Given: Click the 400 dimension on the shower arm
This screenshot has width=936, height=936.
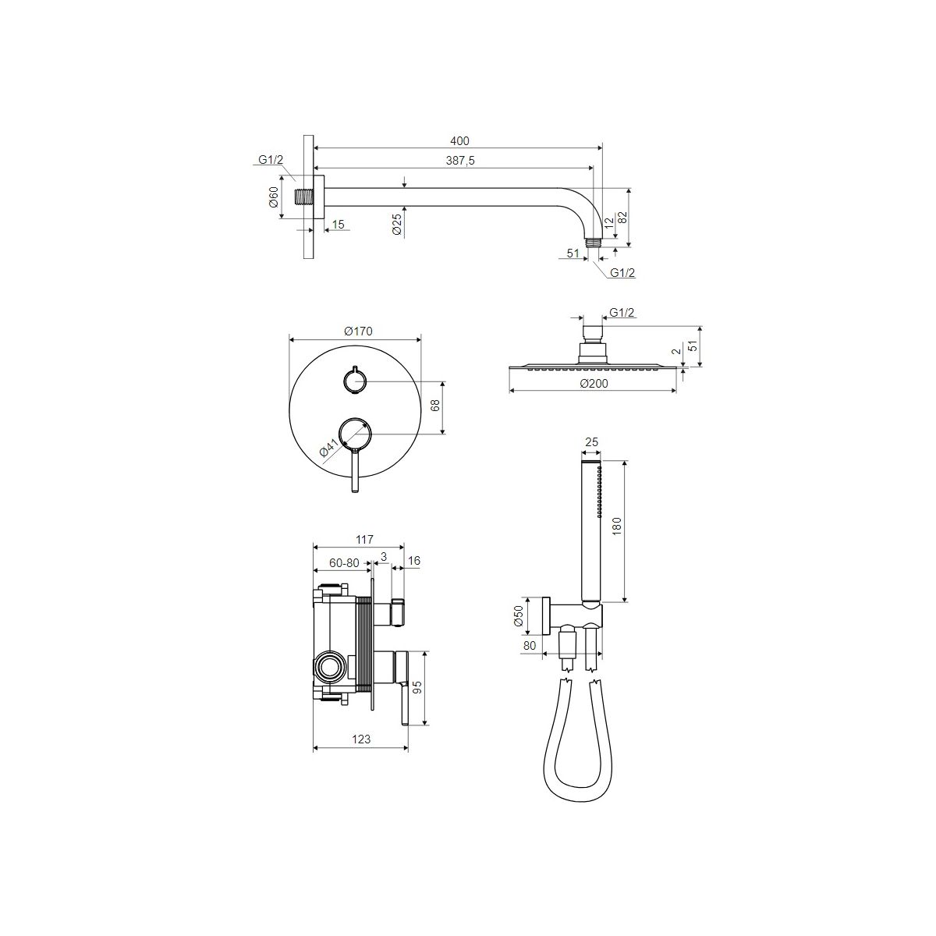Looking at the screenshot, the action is (x=459, y=141).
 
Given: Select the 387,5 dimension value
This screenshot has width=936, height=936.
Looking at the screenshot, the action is (x=460, y=161).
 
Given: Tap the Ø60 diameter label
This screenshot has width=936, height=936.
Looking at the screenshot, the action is (x=274, y=197).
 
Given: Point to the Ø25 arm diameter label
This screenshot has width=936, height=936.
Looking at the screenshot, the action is (x=397, y=225).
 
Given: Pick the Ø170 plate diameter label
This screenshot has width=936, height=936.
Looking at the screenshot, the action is (x=358, y=331).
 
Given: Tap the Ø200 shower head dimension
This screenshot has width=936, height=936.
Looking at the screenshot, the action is (x=594, y=384).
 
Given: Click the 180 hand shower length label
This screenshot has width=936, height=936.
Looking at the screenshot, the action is (x=617, y=526).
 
